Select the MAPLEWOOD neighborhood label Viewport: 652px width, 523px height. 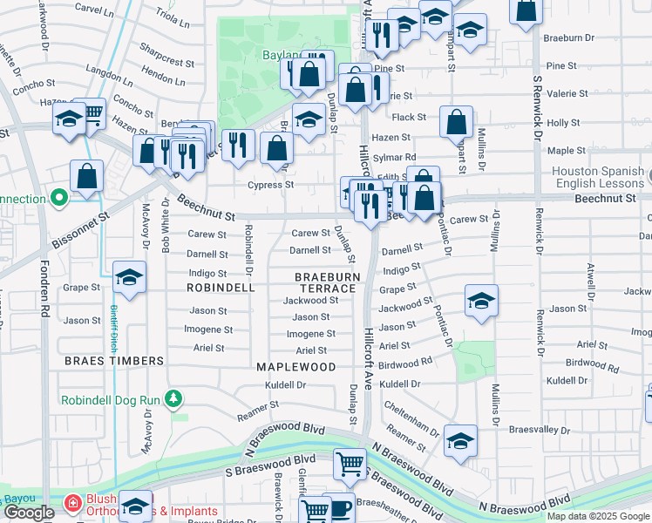pos(295,367)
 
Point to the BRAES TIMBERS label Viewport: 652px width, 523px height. pos(114,360)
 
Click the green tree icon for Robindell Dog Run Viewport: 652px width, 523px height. pos(174,399)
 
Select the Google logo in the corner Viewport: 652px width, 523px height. pos(28,513)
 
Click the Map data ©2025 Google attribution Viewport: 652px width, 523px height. pos(598,516)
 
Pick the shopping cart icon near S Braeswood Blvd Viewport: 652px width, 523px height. pos(350,466)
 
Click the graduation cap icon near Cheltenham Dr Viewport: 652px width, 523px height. pos(460,442)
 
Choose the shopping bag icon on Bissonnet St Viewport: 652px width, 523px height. pos(87,177)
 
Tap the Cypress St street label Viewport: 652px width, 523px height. pos(270,185)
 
